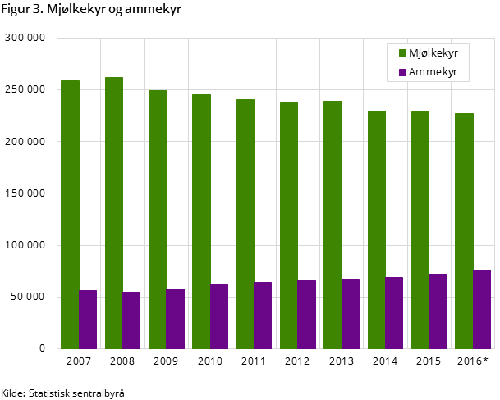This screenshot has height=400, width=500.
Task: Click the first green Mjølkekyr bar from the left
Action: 70,214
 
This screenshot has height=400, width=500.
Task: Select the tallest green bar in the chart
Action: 114,212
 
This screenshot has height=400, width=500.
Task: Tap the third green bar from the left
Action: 158,219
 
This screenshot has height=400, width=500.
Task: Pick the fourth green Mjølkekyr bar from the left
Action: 201,221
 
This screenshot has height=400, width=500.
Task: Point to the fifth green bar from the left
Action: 245,224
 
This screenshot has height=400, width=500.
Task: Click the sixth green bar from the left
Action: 289,225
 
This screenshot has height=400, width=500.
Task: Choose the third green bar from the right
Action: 377,230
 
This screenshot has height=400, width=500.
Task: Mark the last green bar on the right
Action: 464,230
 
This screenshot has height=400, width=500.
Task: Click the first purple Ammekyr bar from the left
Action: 88,319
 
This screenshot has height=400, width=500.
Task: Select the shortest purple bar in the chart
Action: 131,320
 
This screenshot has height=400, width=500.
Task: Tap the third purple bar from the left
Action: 176,318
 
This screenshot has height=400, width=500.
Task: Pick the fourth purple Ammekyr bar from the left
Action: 219,316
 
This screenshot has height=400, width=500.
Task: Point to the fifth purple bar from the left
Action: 263,315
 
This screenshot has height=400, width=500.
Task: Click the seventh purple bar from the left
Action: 351,313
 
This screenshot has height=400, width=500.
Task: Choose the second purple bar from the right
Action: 438,311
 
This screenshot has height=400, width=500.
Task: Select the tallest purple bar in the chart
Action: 482,309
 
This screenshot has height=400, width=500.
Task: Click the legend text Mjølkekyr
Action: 433,53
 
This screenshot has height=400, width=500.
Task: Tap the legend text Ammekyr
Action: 433,72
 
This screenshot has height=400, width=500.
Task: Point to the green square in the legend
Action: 403,53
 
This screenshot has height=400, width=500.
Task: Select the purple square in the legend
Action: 403,72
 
